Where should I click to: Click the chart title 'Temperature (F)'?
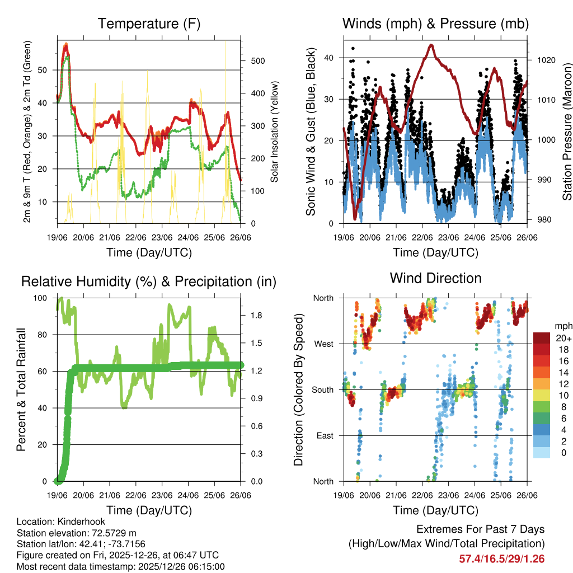click(149, 24)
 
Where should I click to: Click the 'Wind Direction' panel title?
click(435, 278)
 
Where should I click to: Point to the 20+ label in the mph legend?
click(562, 339)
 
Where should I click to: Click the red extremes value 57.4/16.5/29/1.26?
click(501, 559)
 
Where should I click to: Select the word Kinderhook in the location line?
click(82, 522)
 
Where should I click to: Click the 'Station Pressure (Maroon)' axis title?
click(566, 131)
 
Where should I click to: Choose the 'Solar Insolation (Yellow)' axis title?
click(274, 131)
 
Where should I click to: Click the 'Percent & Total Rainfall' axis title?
click(21, 389)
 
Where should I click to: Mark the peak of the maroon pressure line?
click(431, 45)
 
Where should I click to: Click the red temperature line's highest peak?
click(66, 44)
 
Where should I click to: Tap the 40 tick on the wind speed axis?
click(328, 58)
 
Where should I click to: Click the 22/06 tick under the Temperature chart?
click(136, 237)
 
